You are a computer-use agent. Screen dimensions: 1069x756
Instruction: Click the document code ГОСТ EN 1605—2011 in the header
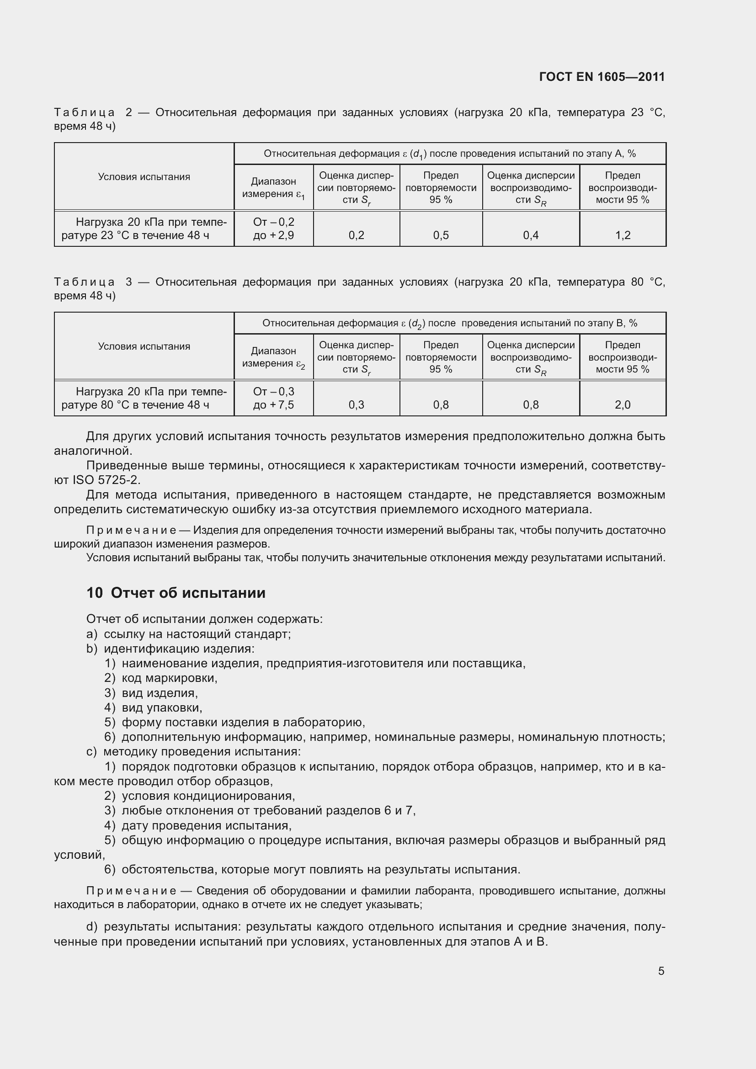pyautogui.click(x=602, y=77)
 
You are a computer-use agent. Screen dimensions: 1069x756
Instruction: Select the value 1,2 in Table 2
pyautogui.click(x=623, y=235)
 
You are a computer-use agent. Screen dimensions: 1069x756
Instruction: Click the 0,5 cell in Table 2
pyautogui.click(x=440, y=235)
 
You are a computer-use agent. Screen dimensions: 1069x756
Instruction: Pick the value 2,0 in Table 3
pyautogui.click(x=623, y=404)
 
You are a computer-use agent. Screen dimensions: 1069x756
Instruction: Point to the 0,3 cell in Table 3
pyautogui.click(x=356, y=404)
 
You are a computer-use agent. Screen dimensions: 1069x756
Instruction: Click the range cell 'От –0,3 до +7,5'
pyautogui.click(x=273, y=398)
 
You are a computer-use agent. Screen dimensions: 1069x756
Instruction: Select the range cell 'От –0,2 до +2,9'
pyautogui.click(x=273, y=229)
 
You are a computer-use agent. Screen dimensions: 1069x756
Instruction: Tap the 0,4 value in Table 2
pyautogui.click(x=531, y=235)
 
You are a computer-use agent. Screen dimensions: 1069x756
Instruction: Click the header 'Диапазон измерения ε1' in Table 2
pyautogui.click(x=273, y=188)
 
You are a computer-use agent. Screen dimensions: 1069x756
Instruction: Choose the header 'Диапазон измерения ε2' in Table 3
pyautogui.click(x=273, y=357)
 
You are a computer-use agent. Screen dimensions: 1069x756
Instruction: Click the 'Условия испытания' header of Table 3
pyautogui.click(x=144, y=346)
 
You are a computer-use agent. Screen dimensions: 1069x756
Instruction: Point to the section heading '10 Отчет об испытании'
pyautogui.click(x=176, y=593)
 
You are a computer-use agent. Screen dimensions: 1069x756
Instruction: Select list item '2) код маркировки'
pyautogui.click(x=160, y=678)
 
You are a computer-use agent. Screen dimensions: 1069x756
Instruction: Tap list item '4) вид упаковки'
pyautogui.click(x=153, y=707)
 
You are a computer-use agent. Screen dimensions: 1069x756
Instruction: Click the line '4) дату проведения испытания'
pyautogui.click(x=198, y=825)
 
